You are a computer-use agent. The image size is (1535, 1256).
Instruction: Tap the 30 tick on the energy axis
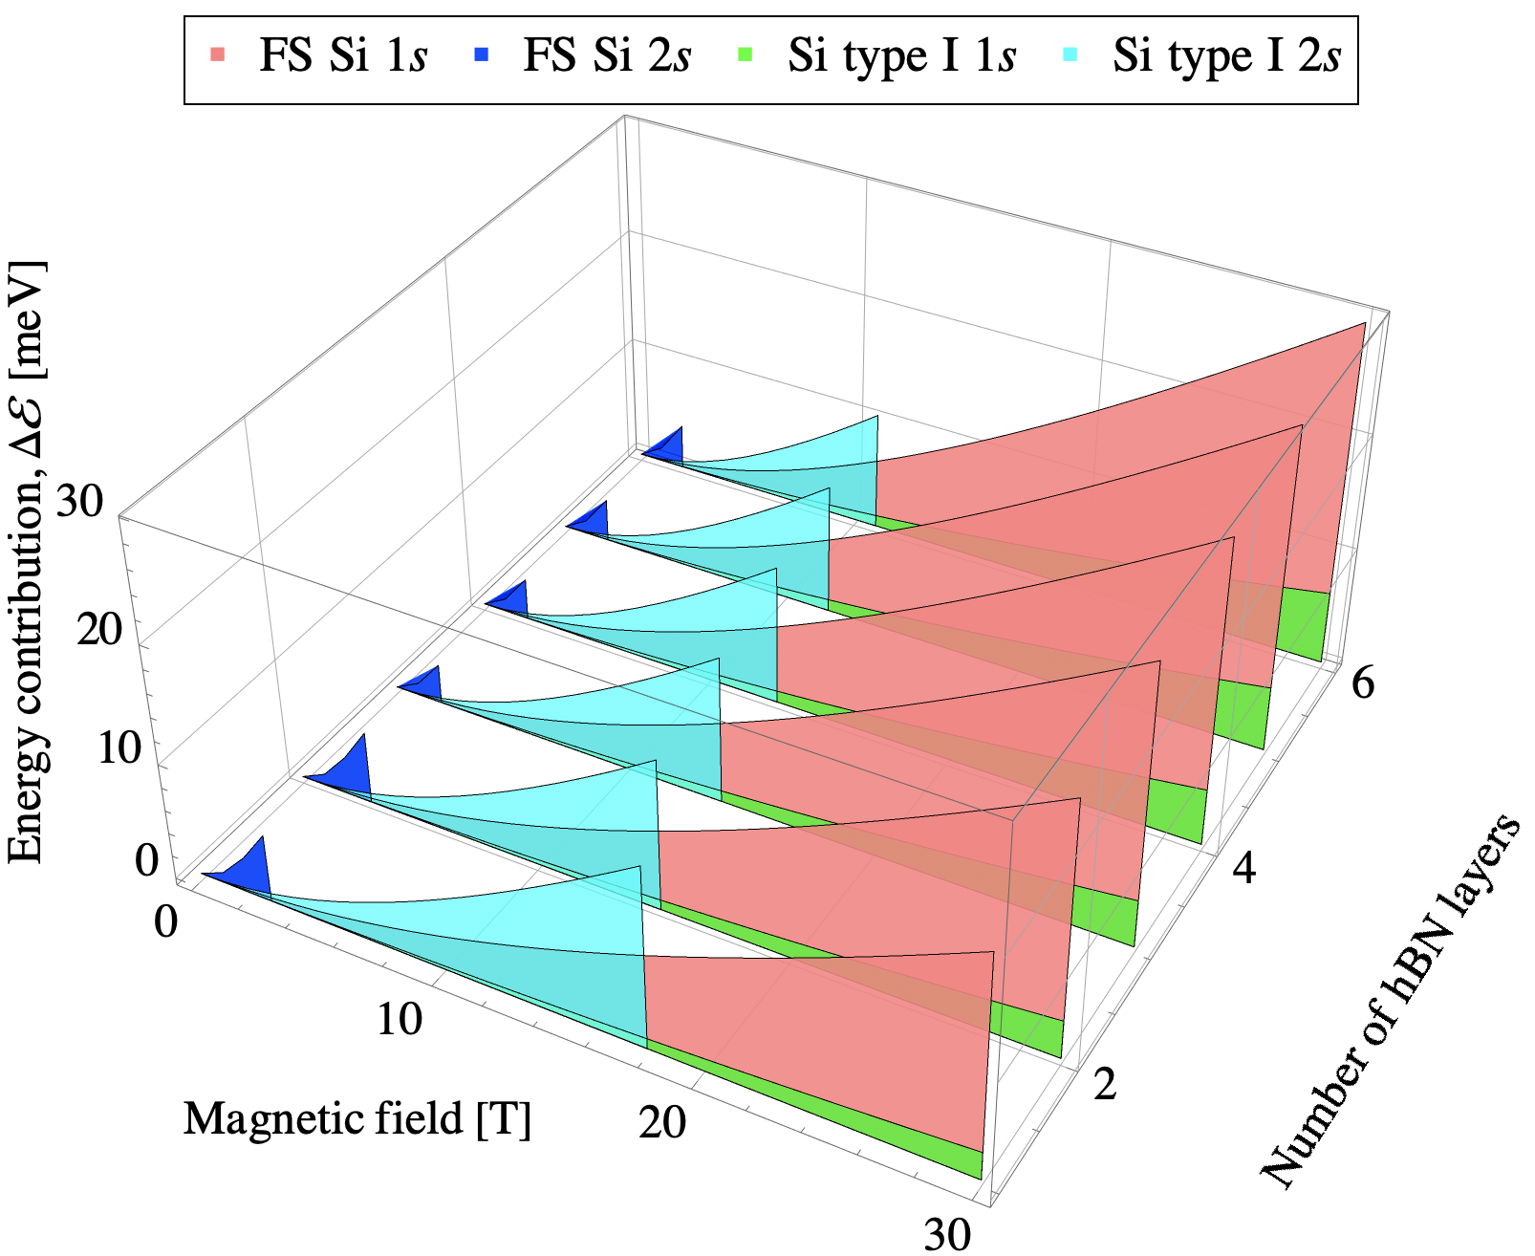[x=79, y=500]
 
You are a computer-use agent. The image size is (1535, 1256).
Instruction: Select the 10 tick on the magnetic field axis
[x=399, y=1020]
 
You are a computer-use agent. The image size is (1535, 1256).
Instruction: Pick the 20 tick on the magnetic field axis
[x=662, y=1121]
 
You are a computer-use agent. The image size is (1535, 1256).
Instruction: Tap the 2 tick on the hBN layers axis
[x=1105, y=1085]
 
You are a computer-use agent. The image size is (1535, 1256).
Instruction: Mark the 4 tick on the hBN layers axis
[x=1243, y=869]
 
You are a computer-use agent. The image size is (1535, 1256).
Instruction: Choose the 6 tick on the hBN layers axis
[x=1362, y=684]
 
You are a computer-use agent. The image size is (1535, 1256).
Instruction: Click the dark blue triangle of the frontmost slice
[x=249, y=871]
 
